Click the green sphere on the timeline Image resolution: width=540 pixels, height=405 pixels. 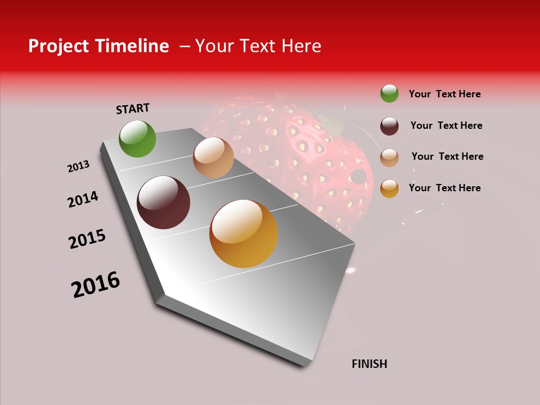138,138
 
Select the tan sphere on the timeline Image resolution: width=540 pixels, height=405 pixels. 213,157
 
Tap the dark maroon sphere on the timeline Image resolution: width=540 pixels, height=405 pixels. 164,202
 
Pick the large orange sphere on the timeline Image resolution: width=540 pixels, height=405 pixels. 244,233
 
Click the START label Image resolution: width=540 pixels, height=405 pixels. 133,109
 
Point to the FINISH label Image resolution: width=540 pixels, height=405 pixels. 370,364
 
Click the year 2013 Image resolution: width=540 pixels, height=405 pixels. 79,166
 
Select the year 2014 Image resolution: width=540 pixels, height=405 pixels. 83,199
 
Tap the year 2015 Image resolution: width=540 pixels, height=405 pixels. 87,239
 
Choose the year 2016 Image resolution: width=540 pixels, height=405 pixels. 96,285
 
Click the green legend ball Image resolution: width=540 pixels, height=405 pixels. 389,94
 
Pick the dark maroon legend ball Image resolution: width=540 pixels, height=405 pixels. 389,126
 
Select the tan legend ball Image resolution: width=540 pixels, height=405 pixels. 389,157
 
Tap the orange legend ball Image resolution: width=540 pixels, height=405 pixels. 389,188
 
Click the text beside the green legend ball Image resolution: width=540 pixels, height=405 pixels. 444,94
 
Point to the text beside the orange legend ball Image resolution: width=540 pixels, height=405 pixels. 444,188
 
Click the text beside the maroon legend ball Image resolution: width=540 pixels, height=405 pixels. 446,125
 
